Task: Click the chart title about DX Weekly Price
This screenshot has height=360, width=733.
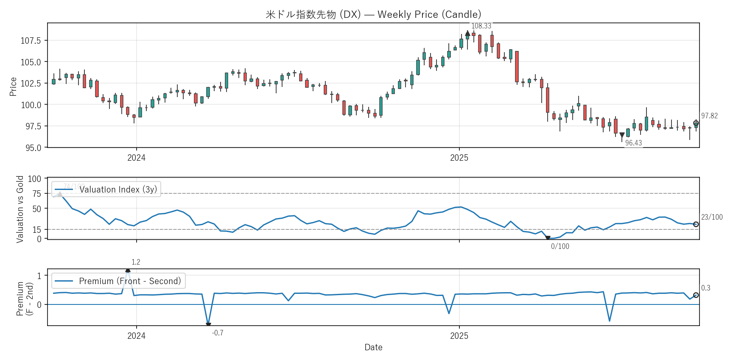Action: (373, 14)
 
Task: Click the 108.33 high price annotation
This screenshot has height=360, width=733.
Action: (481, 26)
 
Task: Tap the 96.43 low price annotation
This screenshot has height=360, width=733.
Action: (633, 143)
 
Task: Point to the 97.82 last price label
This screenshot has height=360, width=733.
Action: (709, 116)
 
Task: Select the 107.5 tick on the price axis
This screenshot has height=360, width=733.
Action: (31, 41)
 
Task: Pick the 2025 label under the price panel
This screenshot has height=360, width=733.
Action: (459, 158)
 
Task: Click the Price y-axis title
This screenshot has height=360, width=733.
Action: (13, 87)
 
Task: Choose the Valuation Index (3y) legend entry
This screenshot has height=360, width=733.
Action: (118, 190)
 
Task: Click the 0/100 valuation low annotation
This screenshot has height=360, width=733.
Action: (560, 246)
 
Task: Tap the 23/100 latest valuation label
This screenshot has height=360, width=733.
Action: (712, 217)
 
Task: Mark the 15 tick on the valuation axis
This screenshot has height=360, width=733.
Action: (37, 229)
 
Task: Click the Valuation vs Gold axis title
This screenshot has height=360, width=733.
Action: (20, 209)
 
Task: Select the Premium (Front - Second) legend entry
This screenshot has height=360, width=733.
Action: (130, 281)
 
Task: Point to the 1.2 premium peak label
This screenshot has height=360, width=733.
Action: (136, 262)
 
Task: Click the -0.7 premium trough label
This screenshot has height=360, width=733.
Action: (218, 333)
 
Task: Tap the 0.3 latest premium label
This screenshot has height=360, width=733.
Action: (705, 288)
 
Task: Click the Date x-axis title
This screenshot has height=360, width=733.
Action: (373, 347)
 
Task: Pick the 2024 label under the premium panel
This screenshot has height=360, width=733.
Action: (136, 336)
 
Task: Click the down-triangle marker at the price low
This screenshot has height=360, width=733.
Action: (622, 135)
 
